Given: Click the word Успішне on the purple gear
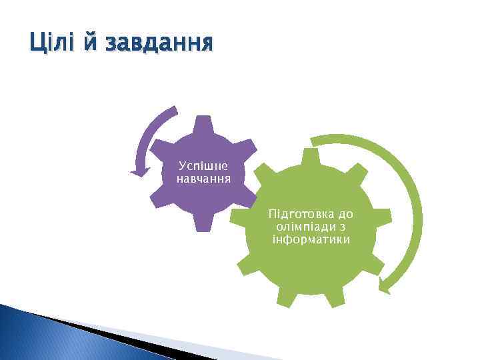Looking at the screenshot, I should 203,164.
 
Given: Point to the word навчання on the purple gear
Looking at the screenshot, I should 203,179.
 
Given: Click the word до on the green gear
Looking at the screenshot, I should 345,215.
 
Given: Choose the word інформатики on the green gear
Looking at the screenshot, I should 311,239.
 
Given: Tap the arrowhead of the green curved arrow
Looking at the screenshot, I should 385,285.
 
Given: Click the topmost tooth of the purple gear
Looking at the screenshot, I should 204,123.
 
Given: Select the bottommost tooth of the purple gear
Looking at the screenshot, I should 204,223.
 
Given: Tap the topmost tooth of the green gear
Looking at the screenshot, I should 310,157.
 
